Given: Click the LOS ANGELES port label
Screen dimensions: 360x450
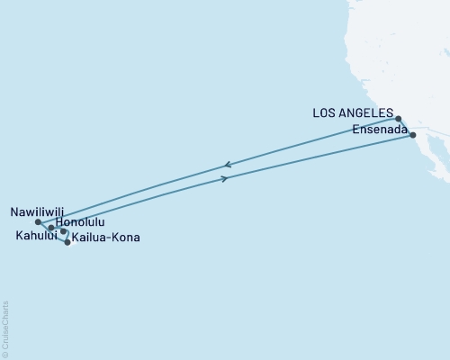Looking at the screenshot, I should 353,113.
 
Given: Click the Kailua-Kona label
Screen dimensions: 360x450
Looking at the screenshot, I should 106,238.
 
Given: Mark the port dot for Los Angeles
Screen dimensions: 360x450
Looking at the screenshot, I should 398,118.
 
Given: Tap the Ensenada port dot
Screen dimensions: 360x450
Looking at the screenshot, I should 413,135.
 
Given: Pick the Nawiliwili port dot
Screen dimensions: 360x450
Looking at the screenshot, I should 38,222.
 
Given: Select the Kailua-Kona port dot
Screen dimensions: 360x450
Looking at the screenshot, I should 67,242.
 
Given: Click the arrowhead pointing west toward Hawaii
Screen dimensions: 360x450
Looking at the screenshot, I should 228,165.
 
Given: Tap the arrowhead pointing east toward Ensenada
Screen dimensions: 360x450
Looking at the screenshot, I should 224,179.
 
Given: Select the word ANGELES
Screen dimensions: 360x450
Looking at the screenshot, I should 369,113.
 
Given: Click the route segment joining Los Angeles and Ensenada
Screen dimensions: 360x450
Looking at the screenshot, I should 406,127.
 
